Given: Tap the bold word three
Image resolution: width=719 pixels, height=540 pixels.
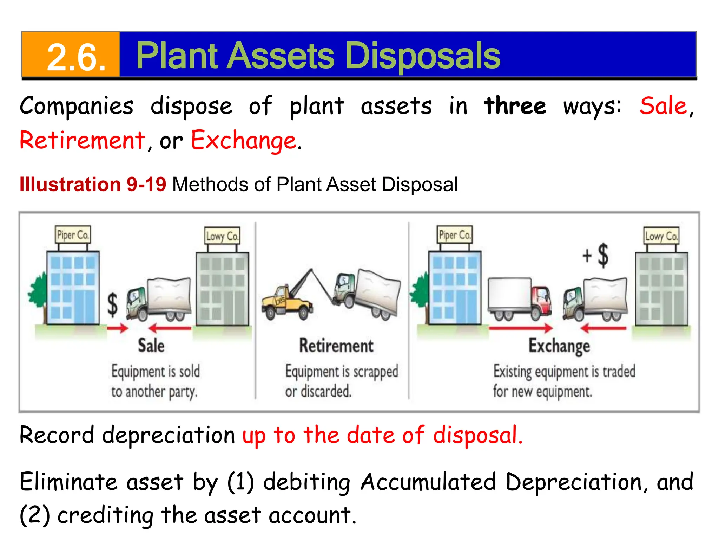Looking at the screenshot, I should [515, 106].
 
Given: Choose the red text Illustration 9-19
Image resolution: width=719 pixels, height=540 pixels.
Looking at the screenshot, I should [93, 184].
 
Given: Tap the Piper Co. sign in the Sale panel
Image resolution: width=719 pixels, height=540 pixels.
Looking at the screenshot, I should [73, 235].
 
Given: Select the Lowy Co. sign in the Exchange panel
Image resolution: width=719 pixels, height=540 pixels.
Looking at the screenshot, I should [661, 236].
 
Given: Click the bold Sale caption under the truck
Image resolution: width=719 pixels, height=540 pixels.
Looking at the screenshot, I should [151, 345].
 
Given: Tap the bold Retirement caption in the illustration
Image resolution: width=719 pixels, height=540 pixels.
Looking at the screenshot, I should [336, 346].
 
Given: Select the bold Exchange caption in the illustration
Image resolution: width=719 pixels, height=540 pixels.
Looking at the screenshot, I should [559, 346].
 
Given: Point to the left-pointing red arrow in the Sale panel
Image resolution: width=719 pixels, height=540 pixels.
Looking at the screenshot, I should [170, 328].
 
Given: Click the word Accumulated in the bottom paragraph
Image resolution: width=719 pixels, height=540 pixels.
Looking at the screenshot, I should [428, 482].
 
